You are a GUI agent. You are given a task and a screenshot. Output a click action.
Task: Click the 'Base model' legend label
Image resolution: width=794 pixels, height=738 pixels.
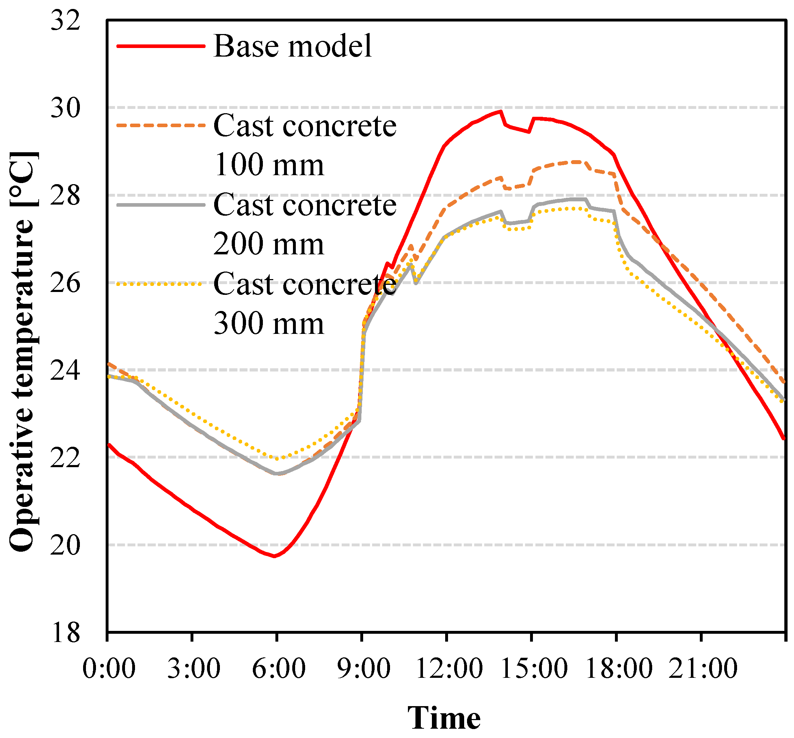pos(293,46)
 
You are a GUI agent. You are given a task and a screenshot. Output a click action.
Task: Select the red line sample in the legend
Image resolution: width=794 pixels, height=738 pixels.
pos(160,46)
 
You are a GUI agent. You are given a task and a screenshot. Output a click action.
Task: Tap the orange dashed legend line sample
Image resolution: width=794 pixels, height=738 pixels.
pos(160,125)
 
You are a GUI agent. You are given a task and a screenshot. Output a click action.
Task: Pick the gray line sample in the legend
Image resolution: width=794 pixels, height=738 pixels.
pos(160,205)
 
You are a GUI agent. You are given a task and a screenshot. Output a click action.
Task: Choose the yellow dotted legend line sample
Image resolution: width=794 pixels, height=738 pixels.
pos(160,284)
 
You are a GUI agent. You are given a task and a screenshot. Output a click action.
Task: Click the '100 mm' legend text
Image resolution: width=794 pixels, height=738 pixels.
pos(268,165)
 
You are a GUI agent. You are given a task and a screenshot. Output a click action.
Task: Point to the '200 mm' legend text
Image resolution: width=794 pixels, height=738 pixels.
pos(268,244)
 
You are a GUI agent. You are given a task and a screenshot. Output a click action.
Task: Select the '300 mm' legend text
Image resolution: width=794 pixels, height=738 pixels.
pos(268,324)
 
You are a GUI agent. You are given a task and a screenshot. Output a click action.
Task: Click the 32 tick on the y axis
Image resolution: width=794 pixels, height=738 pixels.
pos(65,21)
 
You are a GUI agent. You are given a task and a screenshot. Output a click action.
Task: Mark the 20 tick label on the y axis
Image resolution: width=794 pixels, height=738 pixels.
pos(65,545)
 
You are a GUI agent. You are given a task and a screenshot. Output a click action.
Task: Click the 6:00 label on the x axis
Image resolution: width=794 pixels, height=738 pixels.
pos(278,668)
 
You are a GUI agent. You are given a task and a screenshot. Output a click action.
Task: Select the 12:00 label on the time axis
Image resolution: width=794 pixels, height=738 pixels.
pos(448,668)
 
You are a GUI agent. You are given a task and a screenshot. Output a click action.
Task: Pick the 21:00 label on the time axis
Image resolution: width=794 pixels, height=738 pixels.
pos(703,668)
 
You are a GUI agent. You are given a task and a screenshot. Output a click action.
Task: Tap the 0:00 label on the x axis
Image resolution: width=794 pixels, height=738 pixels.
pos(109,668)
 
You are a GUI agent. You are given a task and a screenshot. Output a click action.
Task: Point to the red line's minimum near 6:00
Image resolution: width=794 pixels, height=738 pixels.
pos(274,556)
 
